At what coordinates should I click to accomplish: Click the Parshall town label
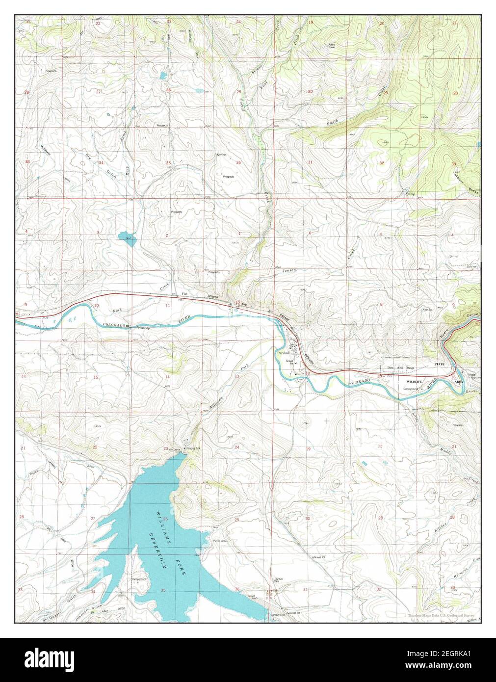click(x=283, y=353)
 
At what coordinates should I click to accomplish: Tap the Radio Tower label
click(x=332, y=46)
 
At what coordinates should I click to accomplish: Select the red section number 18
click(x=308, y=373)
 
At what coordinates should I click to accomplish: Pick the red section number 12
click(x=237, y=303)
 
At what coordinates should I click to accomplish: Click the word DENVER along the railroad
click(x=213, y=297)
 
